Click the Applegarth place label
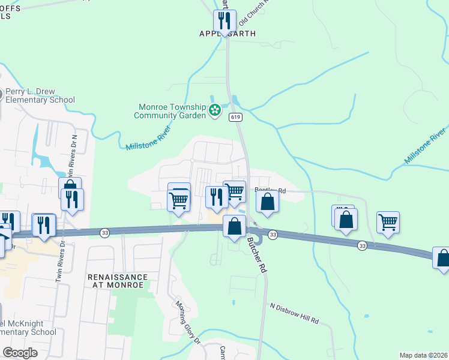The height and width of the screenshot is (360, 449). (228, 34)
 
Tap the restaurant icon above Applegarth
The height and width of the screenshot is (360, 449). (224, 21)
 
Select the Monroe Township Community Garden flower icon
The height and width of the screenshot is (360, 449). (214, 111)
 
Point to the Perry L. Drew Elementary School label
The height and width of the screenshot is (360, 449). (40, 96)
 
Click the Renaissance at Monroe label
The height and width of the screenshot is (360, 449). (117, 281)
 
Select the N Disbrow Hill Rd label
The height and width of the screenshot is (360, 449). (294, 314)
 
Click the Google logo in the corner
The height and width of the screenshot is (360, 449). (20, 353)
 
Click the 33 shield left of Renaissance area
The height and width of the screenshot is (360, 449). (104, 233)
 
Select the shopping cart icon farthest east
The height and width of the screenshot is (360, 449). (388, 223)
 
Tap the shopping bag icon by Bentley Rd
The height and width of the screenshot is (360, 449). (268, 202)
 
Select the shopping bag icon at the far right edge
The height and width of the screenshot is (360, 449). (442, 258)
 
